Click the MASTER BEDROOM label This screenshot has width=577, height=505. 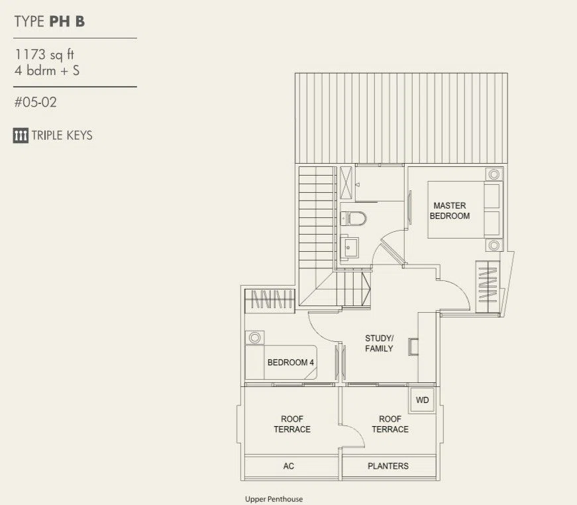point(450,211)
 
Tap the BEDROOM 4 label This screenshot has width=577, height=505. point(290,363)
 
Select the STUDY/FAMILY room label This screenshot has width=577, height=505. point(379,343)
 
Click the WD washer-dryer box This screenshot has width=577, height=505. point(422,400)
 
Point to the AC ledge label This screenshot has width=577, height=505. point(289,466)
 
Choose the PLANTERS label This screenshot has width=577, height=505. point(388,466)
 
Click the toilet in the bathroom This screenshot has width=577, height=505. point(353,218)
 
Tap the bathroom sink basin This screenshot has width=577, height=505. point(348,247)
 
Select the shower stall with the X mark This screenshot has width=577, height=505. point(346,183)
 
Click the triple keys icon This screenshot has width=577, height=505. point(21,135)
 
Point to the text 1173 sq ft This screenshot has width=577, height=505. point(44,54)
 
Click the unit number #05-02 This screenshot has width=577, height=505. point(36,102)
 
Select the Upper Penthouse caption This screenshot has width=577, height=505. point(274,499)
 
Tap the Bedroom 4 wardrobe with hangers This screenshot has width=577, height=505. point(270,300)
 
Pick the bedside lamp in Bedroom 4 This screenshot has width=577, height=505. point(254,337)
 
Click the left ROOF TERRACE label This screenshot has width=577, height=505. point(292,424)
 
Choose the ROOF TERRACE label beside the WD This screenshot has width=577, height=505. point(390,424)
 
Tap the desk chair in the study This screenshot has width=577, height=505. point(413,347)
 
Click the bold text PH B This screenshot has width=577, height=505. point(67,21)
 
